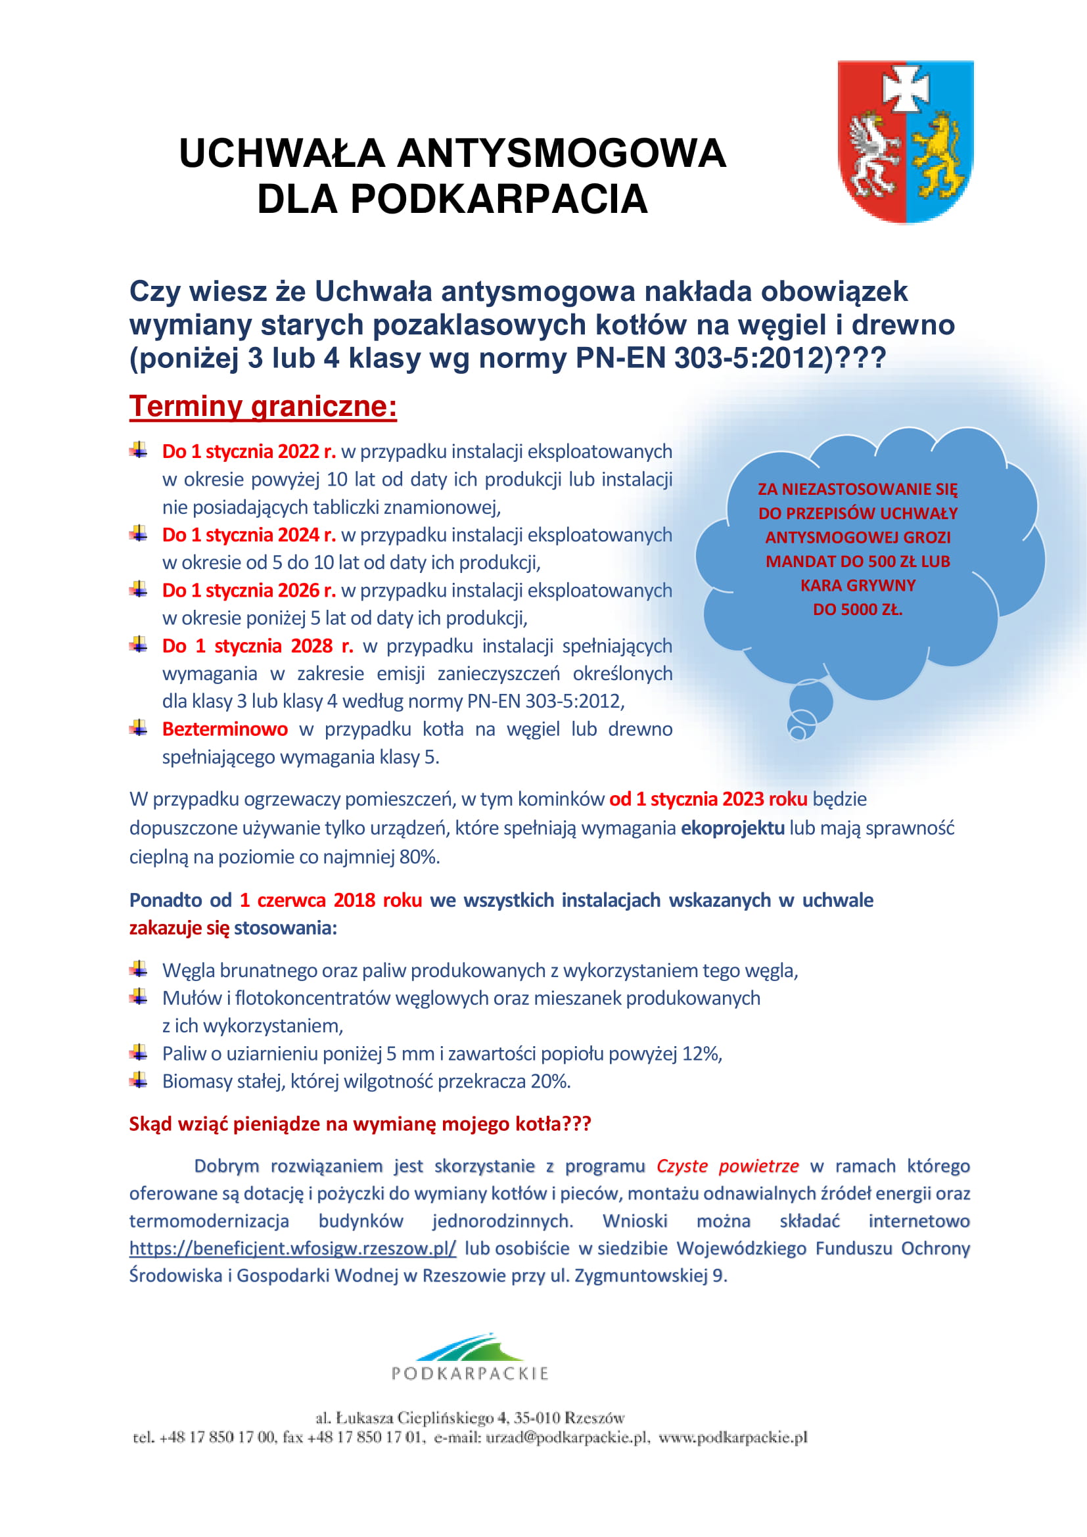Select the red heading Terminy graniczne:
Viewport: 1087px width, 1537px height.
tap(263, 406)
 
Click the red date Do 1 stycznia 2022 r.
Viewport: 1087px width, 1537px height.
tap(249, 452)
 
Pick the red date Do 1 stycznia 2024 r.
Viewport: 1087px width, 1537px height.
tap(249, 535)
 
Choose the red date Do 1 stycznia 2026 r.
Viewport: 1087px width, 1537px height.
tap(249, 591)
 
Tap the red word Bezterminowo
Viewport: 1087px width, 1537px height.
tap(225, 729)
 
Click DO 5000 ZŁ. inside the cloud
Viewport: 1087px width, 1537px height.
tap(858, 609)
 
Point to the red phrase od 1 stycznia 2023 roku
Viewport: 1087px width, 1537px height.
tap(708, 799)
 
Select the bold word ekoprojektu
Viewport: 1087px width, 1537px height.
tap(732, 828)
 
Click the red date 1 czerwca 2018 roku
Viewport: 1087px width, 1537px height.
tap(331, 900)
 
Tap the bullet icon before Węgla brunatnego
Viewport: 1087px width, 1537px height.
tap(139, 969)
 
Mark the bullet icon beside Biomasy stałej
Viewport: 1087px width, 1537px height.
tap(139, 1080)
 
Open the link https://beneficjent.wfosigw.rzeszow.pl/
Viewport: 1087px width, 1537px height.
tap(292, 1249)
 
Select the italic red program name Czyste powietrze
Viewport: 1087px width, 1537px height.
tap(727, 1166)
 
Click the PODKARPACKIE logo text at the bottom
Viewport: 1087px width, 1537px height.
tap(470, 1373)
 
